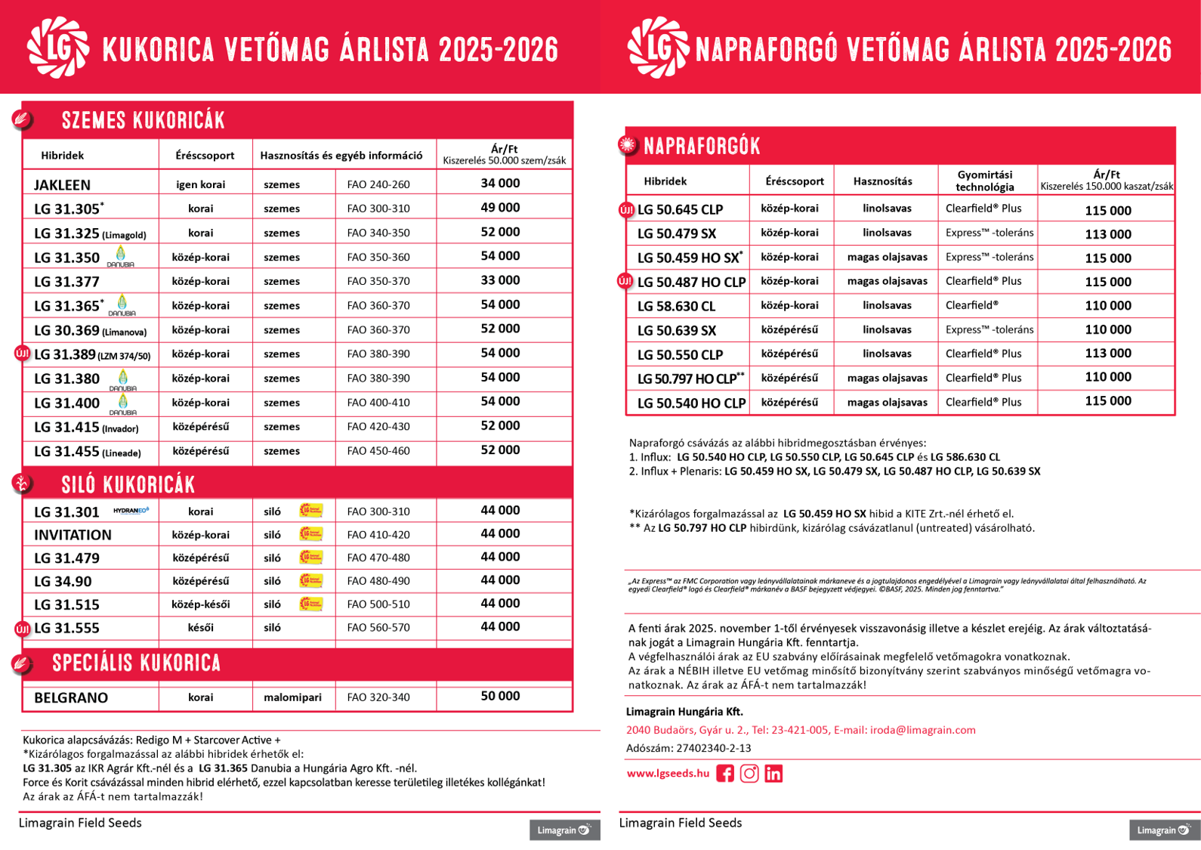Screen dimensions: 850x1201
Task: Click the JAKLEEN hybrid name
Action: (62, 185)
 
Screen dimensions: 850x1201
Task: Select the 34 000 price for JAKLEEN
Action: (500, 184)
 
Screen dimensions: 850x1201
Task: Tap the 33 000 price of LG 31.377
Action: (500, 280)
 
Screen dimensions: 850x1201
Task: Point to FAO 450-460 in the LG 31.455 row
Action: (378, 451)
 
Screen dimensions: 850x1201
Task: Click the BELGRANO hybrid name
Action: (71, 698)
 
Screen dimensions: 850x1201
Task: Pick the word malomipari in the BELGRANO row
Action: (292, 697)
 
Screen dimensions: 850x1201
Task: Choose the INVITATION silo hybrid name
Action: (73, 535)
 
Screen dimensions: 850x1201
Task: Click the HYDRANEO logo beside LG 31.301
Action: (131, 511)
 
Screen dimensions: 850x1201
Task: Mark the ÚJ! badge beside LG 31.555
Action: (23, 629)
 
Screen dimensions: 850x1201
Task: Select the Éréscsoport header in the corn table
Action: (205, 156)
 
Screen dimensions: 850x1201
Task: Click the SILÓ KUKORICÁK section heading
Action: (128, 485)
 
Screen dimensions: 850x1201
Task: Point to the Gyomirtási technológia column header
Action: (985, 181)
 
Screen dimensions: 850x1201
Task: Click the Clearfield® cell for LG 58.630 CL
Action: (972, 305)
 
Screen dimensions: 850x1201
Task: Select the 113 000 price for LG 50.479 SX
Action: (1108, 234)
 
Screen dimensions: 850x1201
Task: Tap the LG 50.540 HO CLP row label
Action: (691, 403)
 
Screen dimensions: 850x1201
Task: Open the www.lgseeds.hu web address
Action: (668, 773)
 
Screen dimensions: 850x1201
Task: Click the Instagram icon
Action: (749, 774)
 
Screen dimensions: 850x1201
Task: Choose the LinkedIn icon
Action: (773, 774)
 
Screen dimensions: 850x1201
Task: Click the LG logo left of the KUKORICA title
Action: (57, 48)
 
